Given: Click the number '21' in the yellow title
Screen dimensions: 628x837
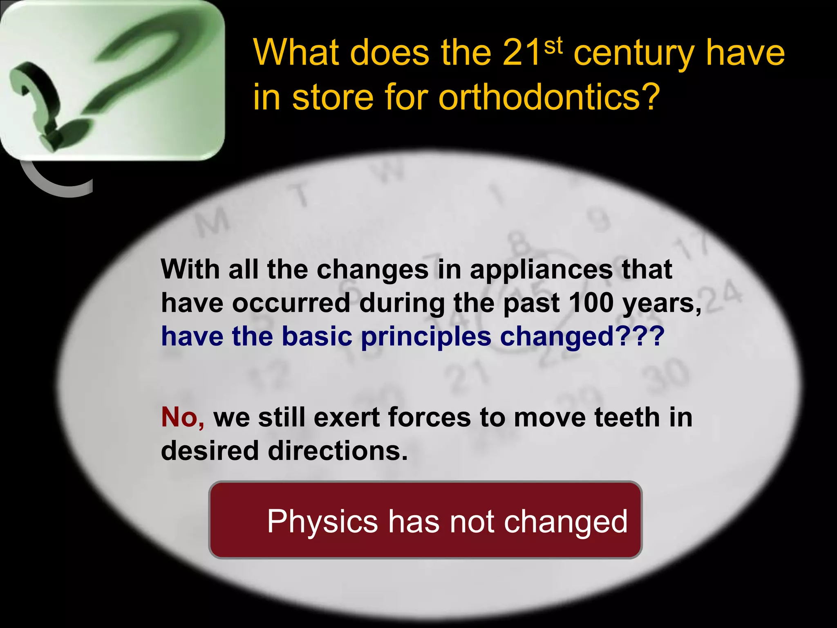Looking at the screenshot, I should click(521, 53).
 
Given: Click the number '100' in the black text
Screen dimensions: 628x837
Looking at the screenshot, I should click(591, 303).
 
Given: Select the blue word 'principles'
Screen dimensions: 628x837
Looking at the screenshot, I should click(426, 337).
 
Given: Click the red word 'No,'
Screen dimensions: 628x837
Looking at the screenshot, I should click(182, 417).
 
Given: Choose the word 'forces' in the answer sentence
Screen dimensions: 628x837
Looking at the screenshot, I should click(429, 417).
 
